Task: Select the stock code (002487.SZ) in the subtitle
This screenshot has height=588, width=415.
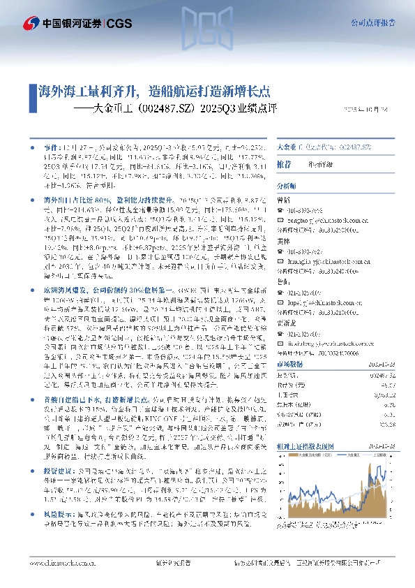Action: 167,109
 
